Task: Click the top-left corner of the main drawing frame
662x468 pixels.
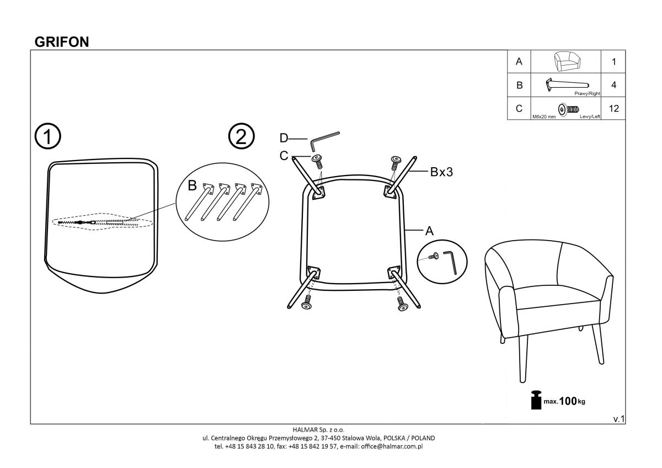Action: tap(31, 50)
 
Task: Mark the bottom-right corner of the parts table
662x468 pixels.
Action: tap(626, 119)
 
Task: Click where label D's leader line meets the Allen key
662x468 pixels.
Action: tap(308, 139)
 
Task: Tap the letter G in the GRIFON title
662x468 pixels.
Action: tap(39, 42)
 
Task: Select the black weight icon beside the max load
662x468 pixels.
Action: tap(536, 400)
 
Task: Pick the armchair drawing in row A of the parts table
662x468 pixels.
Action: tap(567, 61)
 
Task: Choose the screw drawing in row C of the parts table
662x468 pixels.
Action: tap(568, 109)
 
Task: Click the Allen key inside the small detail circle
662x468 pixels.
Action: tap(450, 263)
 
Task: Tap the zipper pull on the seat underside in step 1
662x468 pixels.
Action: tap(80, 222)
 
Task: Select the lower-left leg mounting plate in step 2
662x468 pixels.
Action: tap(313, 272)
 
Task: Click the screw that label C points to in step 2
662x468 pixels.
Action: tap(317, 161)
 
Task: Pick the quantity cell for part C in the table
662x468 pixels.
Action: tap(613, 109)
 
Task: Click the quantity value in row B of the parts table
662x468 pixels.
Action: tap(613, 85)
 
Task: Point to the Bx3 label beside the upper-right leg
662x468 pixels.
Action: tap(441, 172)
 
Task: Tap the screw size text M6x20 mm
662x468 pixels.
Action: tap(544, 117)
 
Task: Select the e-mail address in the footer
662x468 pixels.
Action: tap(392, 446)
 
